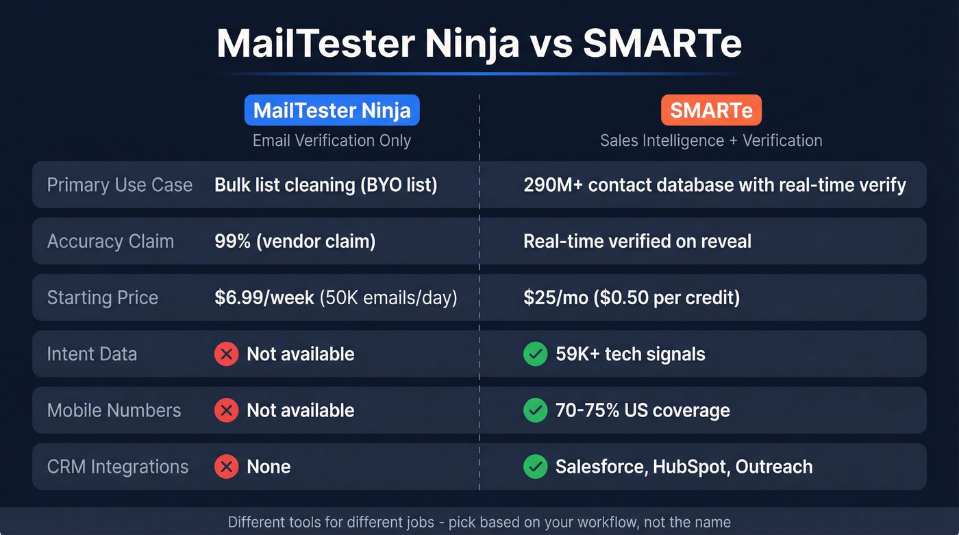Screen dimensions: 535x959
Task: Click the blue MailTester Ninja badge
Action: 332,110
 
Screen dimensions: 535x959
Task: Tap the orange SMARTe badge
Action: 711,110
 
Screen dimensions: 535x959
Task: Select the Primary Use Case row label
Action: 120,185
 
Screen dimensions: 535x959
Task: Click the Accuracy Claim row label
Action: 110,241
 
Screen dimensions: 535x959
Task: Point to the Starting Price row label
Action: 103,297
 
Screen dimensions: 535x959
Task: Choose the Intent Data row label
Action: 92,353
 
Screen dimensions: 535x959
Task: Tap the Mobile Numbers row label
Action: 114,410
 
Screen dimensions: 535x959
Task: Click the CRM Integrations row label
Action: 118,466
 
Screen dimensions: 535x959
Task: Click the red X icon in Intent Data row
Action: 226,354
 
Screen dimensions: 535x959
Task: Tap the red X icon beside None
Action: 226,466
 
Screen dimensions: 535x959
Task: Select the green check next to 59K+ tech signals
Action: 535,354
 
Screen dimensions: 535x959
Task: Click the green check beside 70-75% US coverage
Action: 535,410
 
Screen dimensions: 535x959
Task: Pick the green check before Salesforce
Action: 535,466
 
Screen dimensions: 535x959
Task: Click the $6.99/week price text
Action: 264,297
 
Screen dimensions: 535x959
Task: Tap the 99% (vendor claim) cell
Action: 295,241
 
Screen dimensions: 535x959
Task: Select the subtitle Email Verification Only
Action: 332,140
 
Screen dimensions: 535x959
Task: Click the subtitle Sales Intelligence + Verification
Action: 711,140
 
